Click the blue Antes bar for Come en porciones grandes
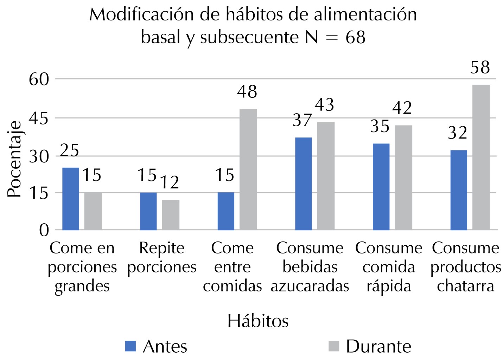(x=70, y=199)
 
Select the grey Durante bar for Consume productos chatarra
(x=481, y=157)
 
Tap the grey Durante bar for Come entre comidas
(x=248, y=169)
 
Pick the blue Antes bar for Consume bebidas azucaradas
(x=303, y=184)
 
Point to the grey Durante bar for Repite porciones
(x=171, y=215)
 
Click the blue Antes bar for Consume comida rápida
(x=381, y=187)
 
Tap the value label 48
(x=247, y=92)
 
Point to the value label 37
(x=303, y=120)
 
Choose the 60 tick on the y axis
(x=39, y=79)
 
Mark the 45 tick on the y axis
(x=39, y=118)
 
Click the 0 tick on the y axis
(x=44, y=230)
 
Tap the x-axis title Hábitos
(x=258, y=321)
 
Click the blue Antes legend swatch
(x=130, y=346)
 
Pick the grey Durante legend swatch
(x=334, y=346)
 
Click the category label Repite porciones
(x=162, y=257)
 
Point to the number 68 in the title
(x=355, y=37)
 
